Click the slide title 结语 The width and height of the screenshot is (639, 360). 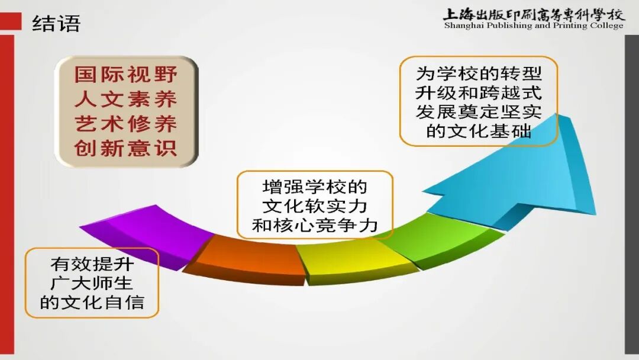click(56, 23)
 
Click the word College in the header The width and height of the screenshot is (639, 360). click(606, 26)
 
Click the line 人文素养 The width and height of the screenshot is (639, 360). click(126, 99)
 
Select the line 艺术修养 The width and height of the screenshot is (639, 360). click(126, 123)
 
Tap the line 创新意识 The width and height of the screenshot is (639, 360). click(126, 148)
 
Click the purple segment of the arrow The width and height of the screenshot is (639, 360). click(142, 234)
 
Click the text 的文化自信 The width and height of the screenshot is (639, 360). click(92, 303)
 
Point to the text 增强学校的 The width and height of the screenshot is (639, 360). click(315, 187)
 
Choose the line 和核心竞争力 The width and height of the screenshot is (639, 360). click(315, 225)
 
